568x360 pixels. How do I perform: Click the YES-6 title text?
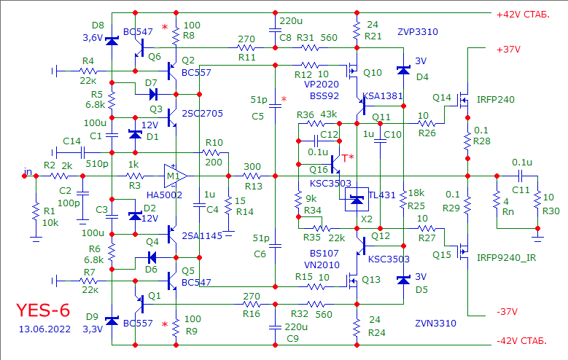43,310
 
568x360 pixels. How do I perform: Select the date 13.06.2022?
44,329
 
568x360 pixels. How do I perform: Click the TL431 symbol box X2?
357,199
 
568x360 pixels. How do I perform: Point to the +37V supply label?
509,50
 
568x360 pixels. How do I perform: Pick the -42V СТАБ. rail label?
521,341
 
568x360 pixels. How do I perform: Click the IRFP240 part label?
496,100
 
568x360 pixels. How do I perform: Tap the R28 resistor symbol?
467,138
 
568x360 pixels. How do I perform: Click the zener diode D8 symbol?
112,41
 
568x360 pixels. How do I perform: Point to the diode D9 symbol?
112,321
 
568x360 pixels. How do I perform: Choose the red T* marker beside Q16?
348,158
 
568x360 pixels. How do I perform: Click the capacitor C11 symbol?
520,176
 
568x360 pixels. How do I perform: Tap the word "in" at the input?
28,171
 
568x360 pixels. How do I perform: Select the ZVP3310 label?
418,32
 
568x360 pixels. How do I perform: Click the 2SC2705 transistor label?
202,114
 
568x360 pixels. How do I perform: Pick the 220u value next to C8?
291,21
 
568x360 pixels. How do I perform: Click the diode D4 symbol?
403,70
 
